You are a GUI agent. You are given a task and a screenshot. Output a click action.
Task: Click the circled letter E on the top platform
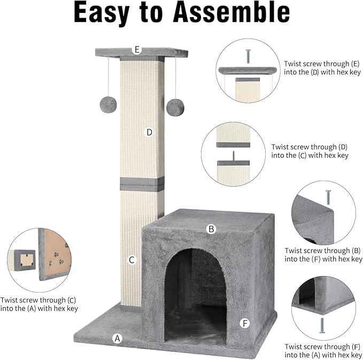click(x=137, y=50)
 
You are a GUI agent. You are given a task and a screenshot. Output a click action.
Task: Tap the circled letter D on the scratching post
click(x=149, y=132)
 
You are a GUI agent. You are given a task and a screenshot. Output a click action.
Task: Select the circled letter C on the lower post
click(x=132, y=261)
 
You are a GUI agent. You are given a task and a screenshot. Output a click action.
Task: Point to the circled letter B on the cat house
click(x=211, y=229)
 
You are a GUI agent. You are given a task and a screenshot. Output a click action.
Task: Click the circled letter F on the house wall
click(x=245, y=323)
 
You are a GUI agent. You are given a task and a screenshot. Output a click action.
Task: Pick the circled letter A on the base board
click(x=117, y=338)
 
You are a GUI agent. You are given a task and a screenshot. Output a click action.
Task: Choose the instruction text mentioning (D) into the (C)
click(x=310, y=151)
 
